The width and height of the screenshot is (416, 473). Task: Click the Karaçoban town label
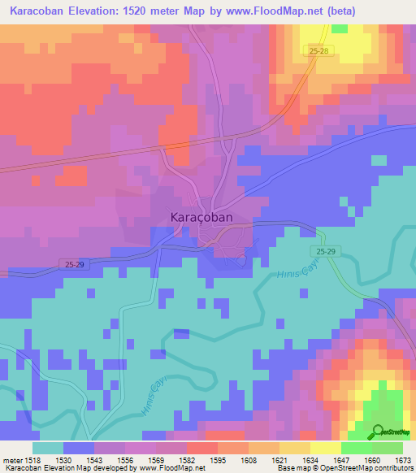point(201,218)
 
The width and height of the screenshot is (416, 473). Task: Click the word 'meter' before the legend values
point(12,459)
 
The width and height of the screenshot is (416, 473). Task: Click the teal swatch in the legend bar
point(48,448)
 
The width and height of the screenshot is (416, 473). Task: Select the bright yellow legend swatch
point(325,448)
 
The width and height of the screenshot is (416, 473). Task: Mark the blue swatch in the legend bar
point(79,448)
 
